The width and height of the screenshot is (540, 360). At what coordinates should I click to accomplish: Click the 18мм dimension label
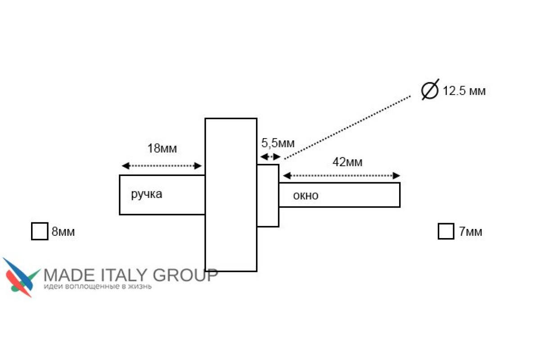tap(162, 149)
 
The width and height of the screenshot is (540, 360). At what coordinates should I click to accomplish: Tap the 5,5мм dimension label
tap(278, 144)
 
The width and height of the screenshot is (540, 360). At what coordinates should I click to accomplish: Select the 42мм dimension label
tap(347, 162)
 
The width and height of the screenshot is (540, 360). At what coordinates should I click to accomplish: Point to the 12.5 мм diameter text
tap(464, 91)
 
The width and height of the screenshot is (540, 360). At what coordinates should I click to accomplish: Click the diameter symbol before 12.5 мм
tap(430, 90)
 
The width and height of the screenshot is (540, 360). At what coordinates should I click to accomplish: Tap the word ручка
tap(147, 194)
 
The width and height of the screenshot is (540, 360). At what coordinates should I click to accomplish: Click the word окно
tap(306, 196)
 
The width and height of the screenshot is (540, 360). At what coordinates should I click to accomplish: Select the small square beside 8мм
tap(40, 231)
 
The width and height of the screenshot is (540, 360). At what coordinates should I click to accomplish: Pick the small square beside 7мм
tap(445, 231)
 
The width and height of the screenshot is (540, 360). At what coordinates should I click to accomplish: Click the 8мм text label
tap(63, 232)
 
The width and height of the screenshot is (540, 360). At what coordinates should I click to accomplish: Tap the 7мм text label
tap(470, 232)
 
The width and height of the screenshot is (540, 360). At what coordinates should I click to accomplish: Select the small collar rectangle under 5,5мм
tap(268, 195)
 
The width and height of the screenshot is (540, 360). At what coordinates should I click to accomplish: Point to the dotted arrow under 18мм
tap(162, 166)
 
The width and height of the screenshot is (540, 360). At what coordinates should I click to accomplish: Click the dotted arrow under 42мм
tap(342, 175)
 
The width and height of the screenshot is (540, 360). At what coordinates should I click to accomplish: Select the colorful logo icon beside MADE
tap(21, 277)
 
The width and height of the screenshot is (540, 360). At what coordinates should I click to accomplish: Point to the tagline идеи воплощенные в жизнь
tap(97, 286)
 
